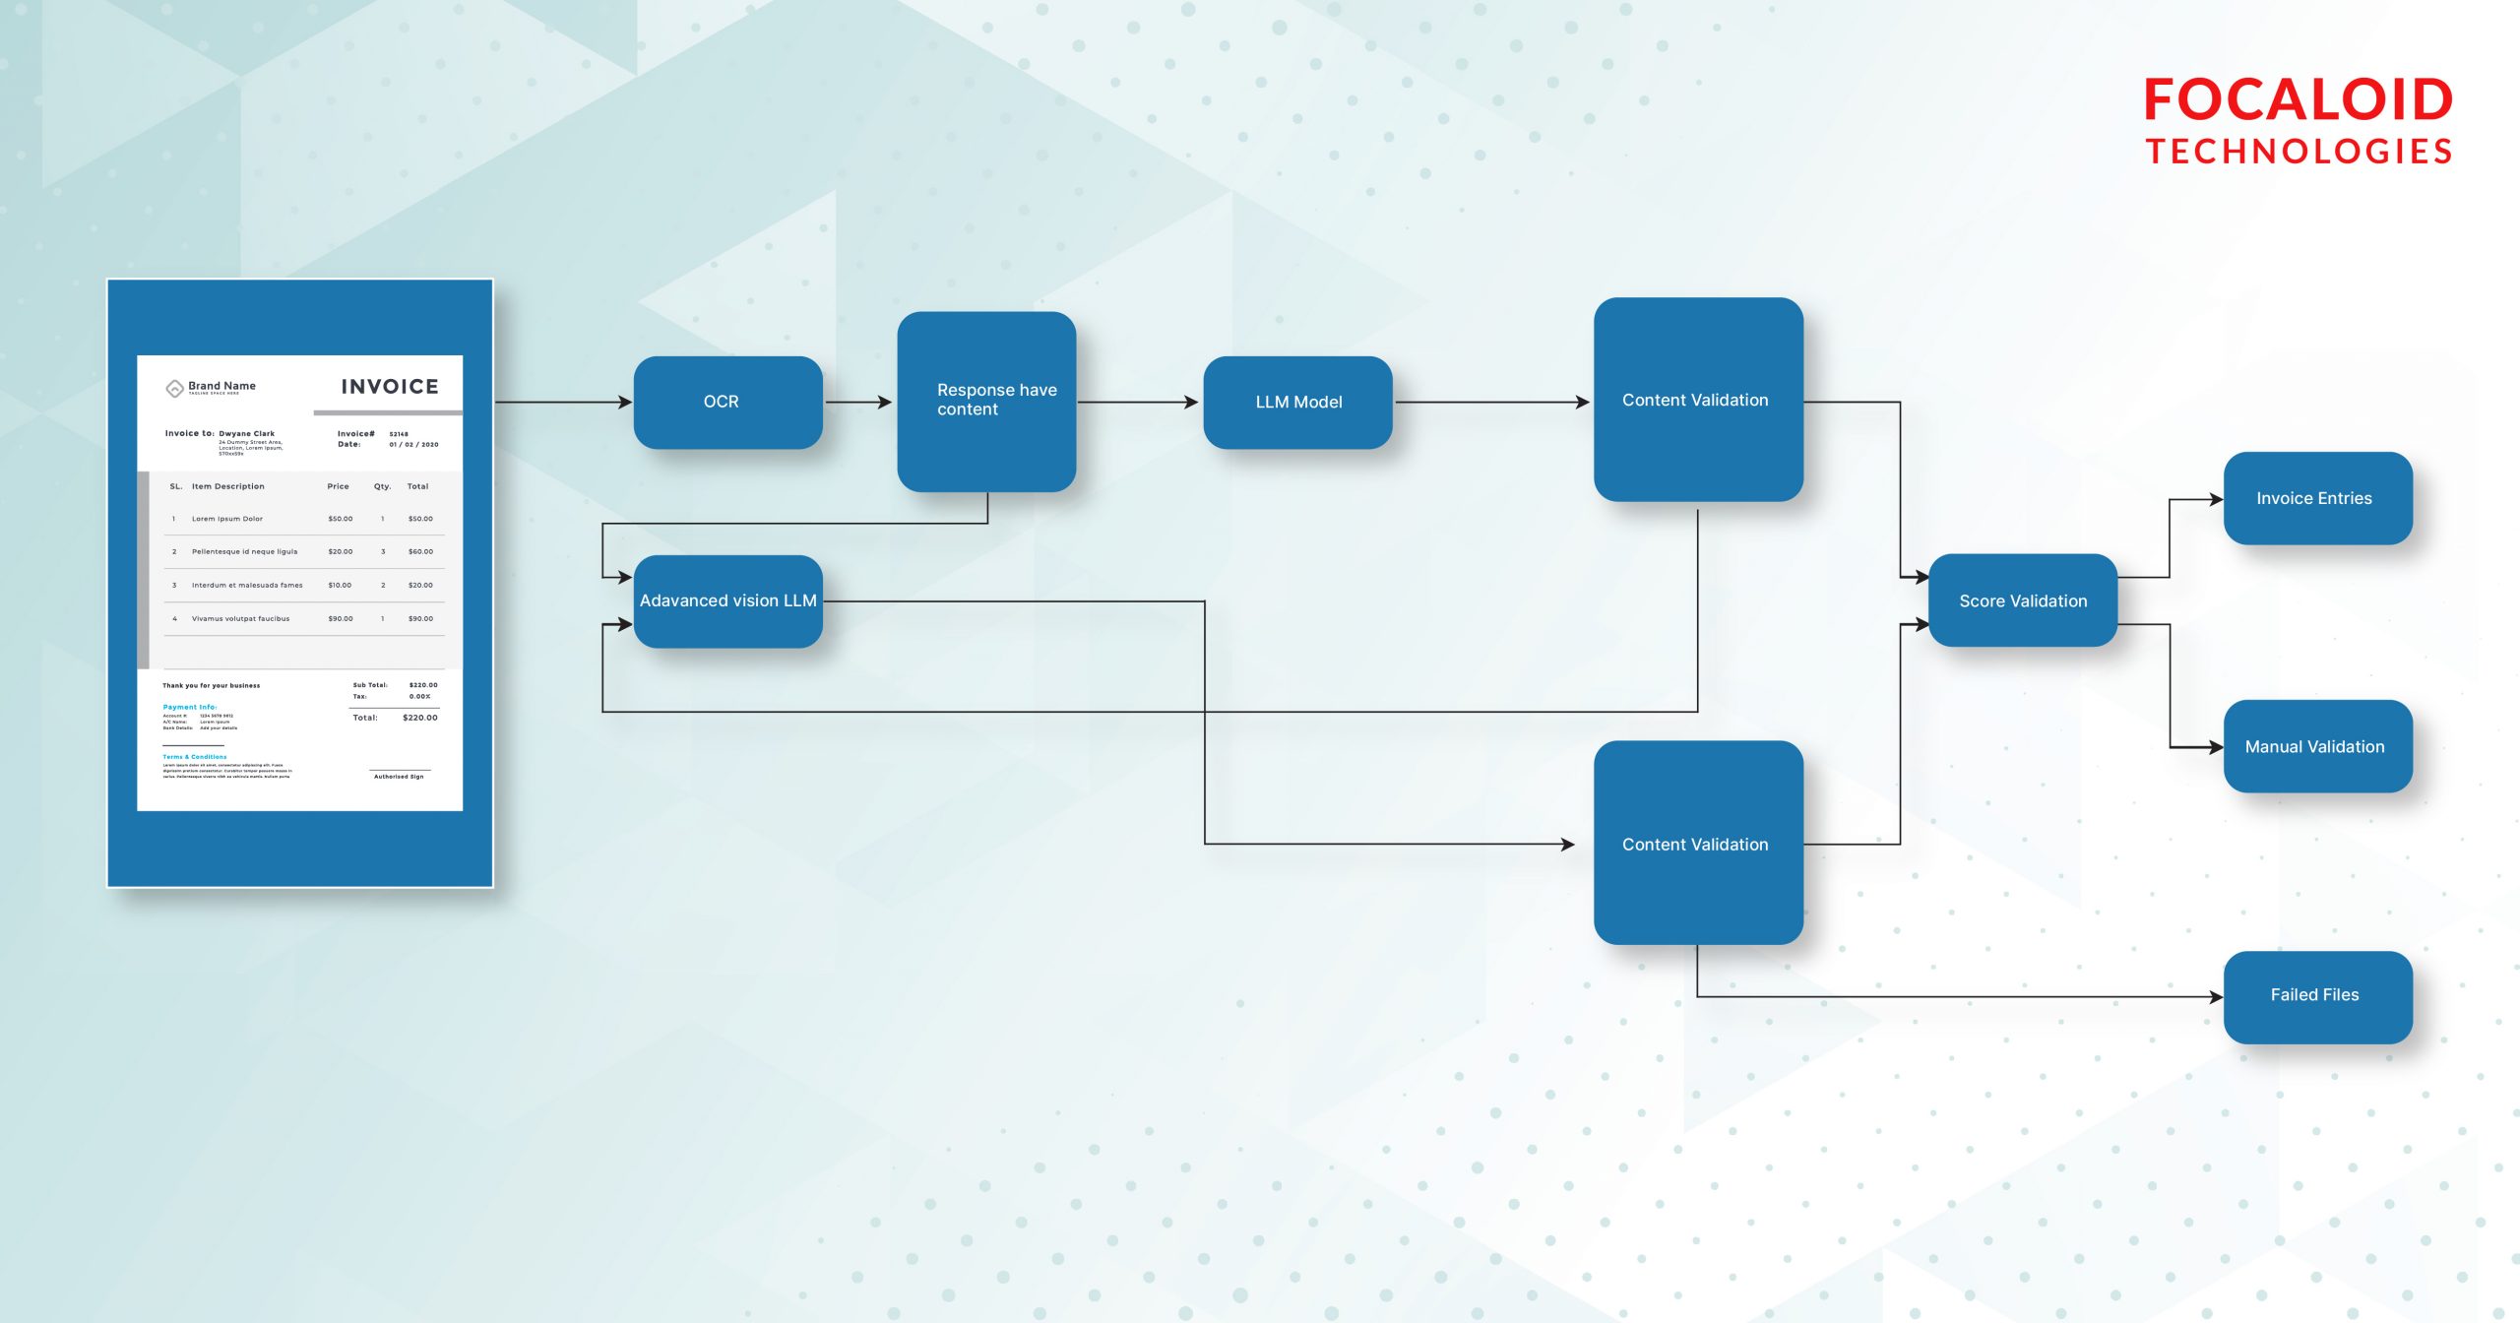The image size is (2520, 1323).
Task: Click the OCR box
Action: pyautogui.click(x=727, y=402)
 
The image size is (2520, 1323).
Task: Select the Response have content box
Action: pyautogui.click(x=986, y=401)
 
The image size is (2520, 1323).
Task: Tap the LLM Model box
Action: pyautogui.click(x=1297, y=402)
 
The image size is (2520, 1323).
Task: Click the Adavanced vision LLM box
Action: pyautogui.click(x=727, y=600)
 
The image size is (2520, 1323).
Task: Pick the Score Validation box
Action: pyautogui.click(x=2022, y=600)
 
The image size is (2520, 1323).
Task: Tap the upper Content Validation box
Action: pyautogui.click(x=1697, y=400)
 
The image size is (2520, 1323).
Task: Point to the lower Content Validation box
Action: pyautogui.click(x=1697, y=844)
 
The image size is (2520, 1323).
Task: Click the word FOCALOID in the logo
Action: pyautogui.click(x=2298, y=101)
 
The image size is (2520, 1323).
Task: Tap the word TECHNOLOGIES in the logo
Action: pyautogui.click(x=2298, y=152)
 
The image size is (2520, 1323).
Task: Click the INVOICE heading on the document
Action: pyautogui.click(x=390, y=387)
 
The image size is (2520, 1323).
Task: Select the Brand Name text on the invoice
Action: pyautogui.click(x=221, y=386)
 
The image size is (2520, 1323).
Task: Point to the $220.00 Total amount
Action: pyautogui.click(x=420, y=718)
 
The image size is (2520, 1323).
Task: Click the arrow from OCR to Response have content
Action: pyautogui.click(x=858, y=402)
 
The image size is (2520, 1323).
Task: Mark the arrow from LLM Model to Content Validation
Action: pyautogui.click(x=1491, y=402)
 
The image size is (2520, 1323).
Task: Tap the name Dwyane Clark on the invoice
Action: pyautogui.click(x=246, y=433)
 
